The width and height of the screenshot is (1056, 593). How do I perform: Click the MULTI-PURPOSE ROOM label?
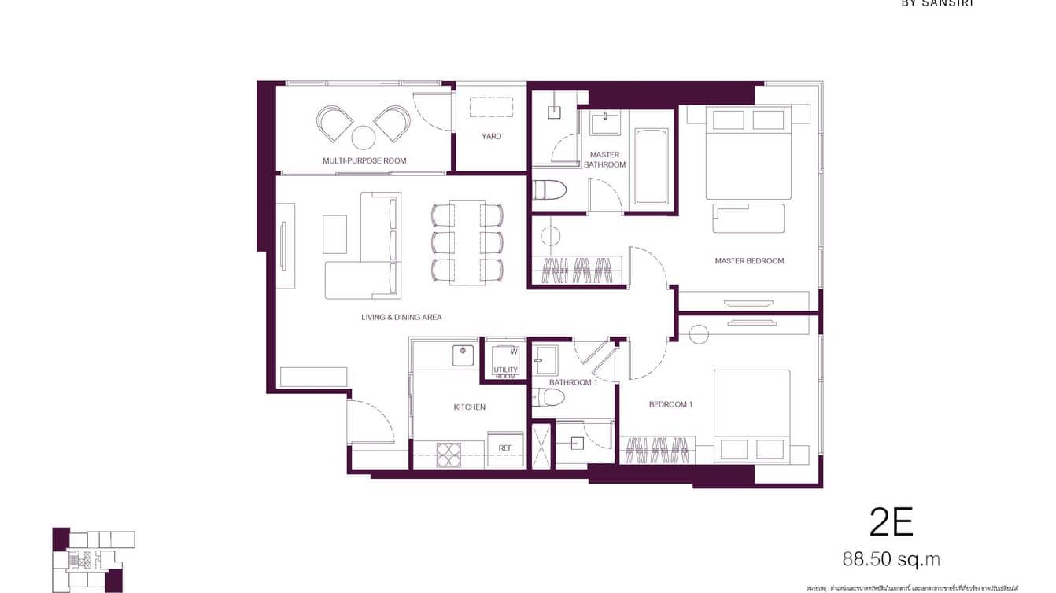point(364,160)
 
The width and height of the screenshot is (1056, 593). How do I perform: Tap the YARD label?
point(491,136)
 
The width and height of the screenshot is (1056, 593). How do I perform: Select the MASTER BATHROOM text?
point(604,160)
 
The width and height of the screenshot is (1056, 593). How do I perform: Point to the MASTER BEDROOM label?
point(749,261)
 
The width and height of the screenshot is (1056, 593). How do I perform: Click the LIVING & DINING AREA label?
point(401,318)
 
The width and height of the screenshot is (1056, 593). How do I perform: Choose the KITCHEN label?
point(469,407)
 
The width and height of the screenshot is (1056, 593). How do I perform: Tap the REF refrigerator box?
point(505,448)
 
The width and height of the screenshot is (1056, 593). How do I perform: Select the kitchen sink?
point(465,355)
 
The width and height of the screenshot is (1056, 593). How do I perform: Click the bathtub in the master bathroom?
point(651,166)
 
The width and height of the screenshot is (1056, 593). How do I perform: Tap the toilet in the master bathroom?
point(548,190)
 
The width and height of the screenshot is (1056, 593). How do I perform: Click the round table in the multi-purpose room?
point(363,138)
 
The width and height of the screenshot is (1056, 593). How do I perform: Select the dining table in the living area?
point(467,242)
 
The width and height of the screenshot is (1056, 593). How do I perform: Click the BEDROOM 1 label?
point(670,405)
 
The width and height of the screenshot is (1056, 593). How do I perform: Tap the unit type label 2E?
point(890,521)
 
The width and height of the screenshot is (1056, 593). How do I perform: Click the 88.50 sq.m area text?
point(891,559)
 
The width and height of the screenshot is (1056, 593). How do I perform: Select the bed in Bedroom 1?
point(751,415)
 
